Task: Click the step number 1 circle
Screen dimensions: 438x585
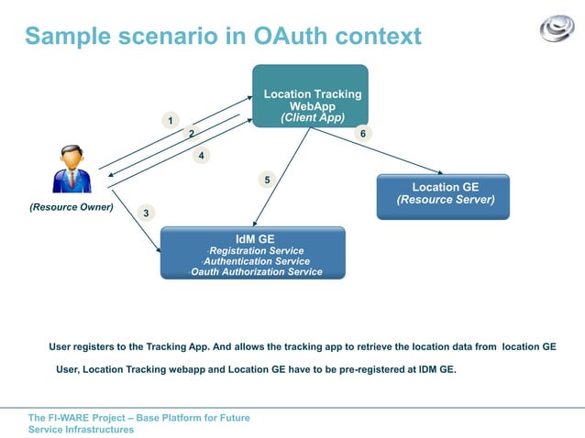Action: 169,121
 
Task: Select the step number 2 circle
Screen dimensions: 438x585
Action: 191,134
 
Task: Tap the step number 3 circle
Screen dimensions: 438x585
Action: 146,214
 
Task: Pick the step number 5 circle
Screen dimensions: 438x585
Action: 267,180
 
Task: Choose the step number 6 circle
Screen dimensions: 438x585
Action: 363,134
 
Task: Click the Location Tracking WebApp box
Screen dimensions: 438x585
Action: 311,96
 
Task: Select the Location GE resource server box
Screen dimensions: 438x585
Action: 443,197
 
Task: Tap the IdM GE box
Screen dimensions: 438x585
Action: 253,252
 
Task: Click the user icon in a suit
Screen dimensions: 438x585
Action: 72,169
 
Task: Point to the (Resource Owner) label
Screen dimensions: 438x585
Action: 72,207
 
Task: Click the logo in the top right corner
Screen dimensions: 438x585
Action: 556,28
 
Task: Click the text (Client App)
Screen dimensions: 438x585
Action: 313,118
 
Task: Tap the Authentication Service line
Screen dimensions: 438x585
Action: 256,261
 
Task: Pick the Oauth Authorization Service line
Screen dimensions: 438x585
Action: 256,272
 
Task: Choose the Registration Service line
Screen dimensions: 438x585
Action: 257,250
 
